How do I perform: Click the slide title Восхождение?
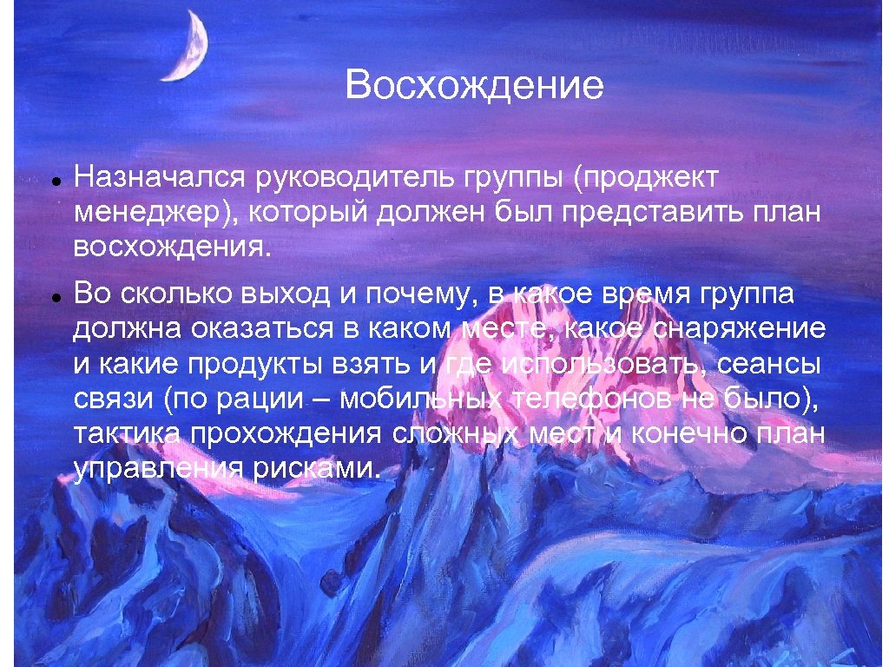(473, 87)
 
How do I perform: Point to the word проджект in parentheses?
(646, 178)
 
